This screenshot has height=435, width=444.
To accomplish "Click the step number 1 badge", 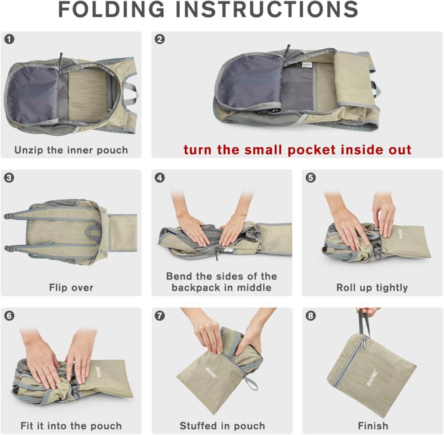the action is coord(10,39).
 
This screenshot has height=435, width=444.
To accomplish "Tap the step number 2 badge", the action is coord(160,39).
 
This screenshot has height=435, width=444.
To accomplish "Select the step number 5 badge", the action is coord(311,177).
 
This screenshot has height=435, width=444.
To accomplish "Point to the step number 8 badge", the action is coord(311,316).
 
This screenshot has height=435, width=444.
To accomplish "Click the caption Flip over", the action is coord(71,288).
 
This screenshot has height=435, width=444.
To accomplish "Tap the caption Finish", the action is coord(373,426).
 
